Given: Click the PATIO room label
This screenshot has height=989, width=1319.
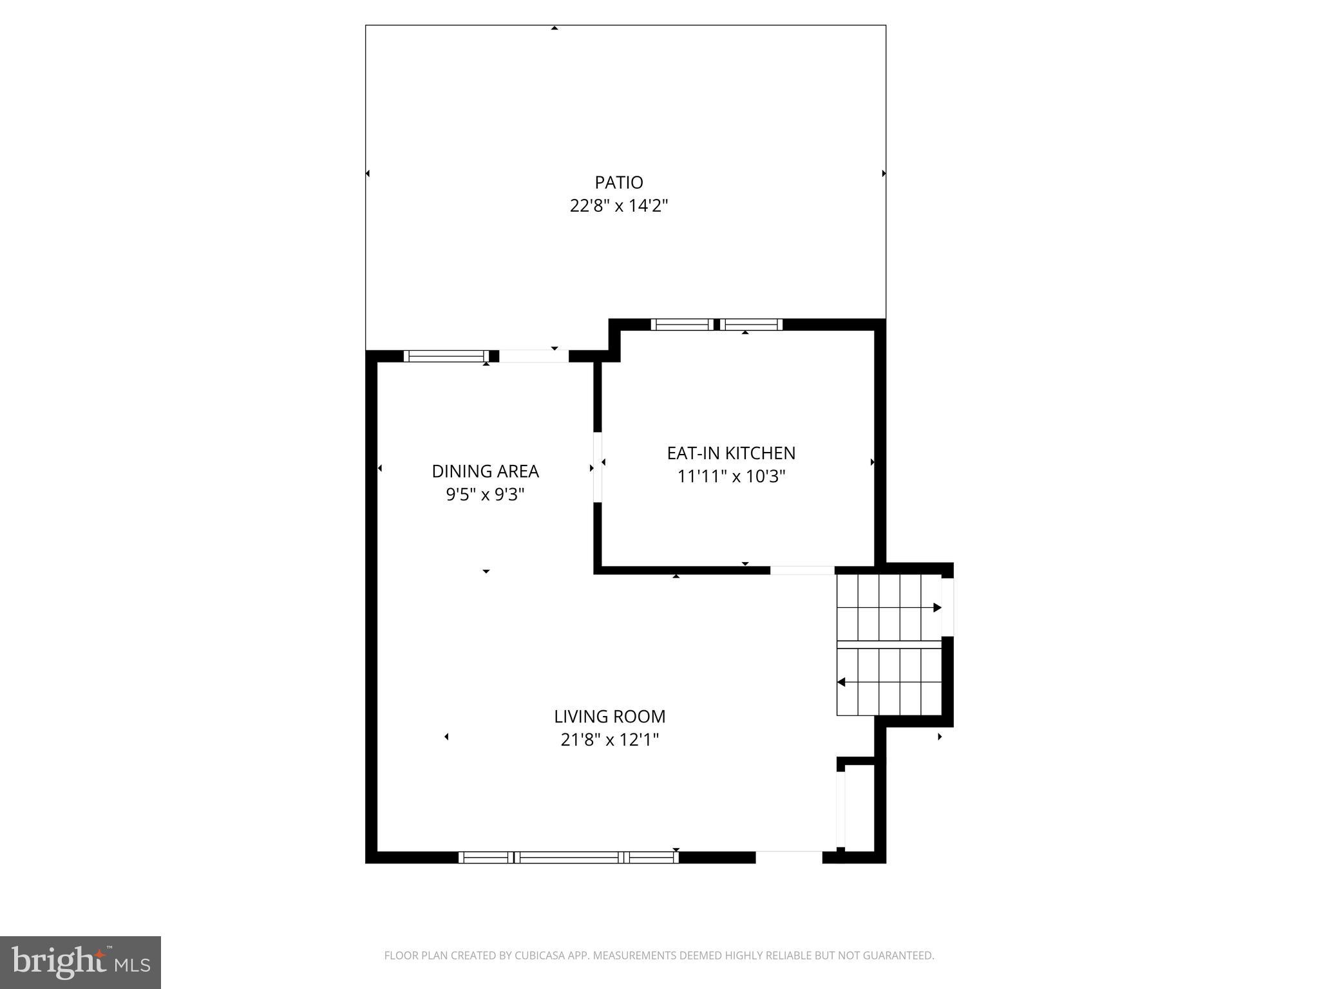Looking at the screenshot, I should [618, 183].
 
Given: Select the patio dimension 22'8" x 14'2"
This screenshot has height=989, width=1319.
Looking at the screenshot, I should [618, 206].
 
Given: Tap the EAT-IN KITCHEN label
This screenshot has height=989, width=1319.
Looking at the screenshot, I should [731, 453].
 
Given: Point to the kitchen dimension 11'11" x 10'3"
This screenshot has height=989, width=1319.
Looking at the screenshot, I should [731, 477].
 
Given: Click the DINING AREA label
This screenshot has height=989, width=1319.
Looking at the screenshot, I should [485, 471].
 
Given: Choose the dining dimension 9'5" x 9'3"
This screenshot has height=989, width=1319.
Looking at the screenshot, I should [485, 495].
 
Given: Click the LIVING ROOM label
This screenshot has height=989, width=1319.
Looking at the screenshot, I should [609, 717].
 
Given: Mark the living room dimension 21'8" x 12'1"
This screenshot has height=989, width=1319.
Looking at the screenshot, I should [609, 740].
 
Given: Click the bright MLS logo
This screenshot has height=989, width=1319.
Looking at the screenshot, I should [81, 962].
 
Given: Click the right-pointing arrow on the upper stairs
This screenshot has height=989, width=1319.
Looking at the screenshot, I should [937, 608].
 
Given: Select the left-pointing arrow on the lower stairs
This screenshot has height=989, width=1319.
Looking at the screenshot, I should [841, 682].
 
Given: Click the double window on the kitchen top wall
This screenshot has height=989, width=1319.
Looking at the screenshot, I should [716, 325].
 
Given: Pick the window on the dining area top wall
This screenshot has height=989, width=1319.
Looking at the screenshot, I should [446, 356].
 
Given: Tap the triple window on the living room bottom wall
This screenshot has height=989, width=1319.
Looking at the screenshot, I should [568, 857].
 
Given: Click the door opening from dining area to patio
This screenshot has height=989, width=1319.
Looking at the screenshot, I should [533, 356].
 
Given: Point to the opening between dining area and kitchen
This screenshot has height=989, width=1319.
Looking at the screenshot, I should [598, 467].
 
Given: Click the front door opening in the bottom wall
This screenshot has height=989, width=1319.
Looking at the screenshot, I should [788, 857].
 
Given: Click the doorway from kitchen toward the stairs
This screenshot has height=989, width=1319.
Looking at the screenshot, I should [802, 570].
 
